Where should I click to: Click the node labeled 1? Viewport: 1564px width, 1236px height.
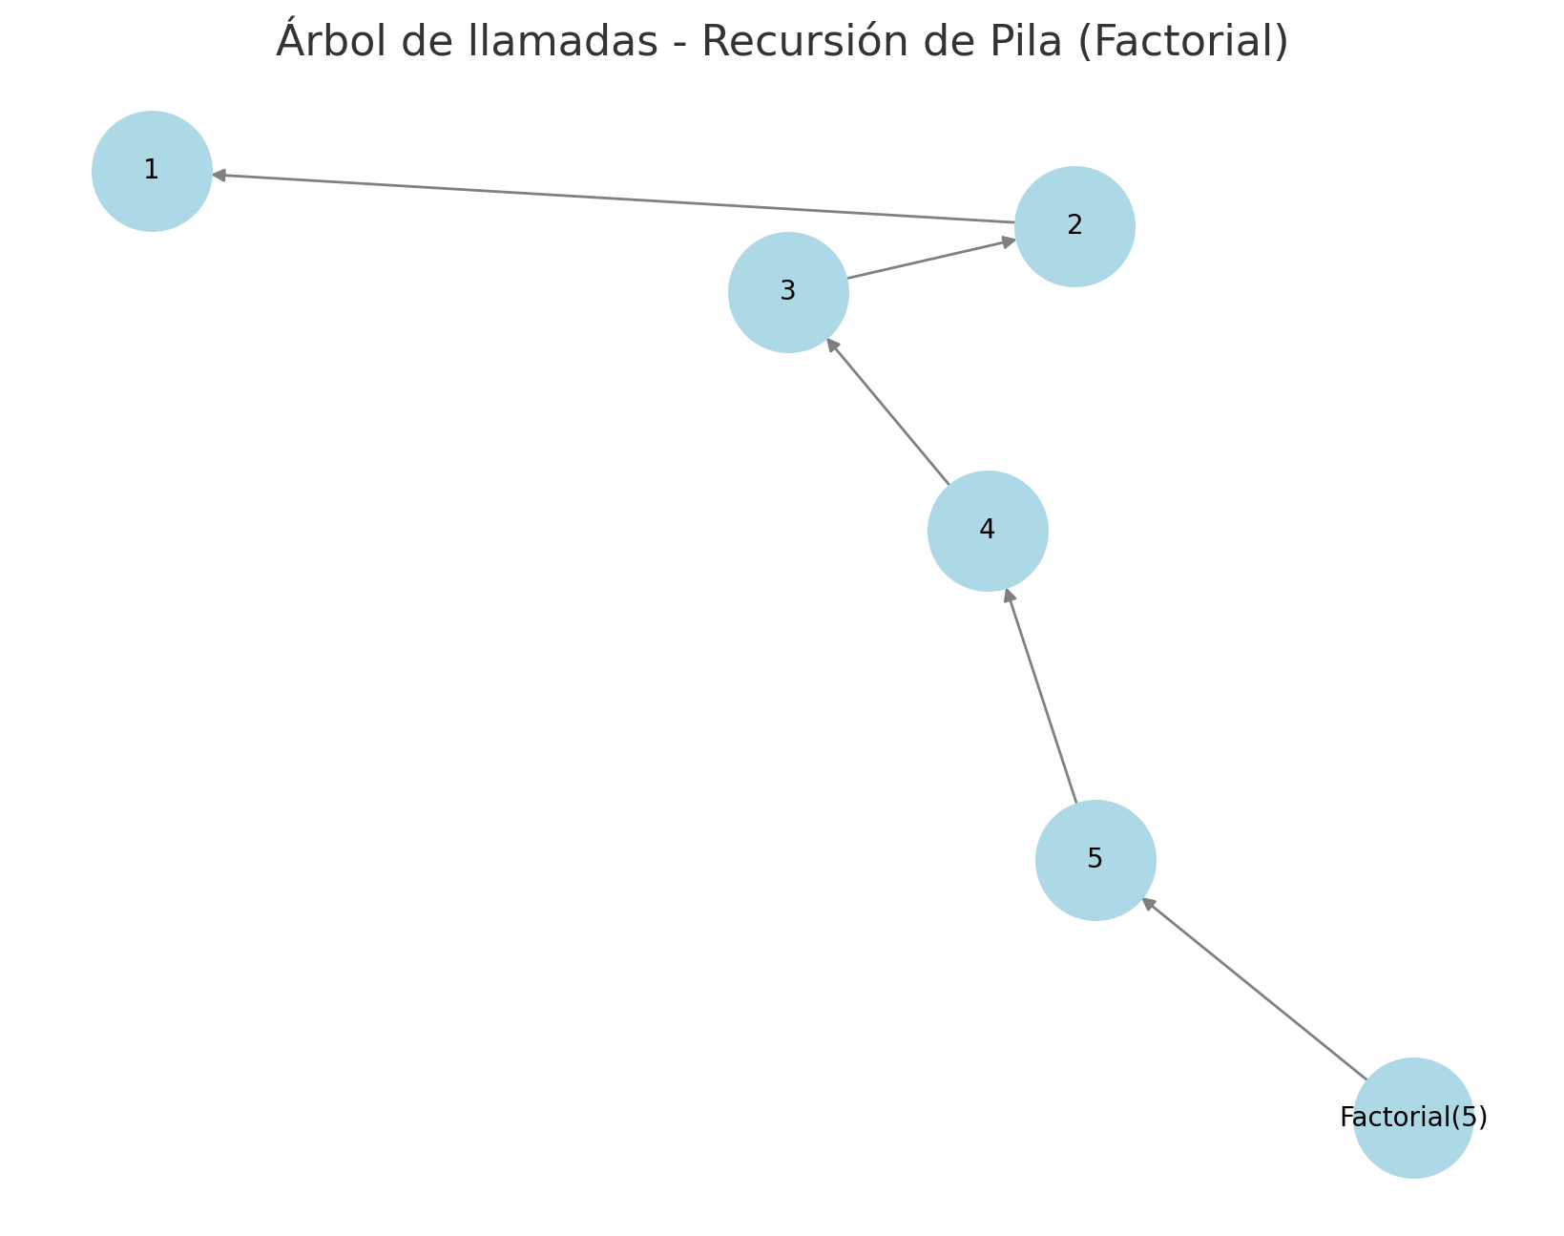(x=152, y=172)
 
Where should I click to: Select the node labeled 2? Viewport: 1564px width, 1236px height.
(x=1074, y=227)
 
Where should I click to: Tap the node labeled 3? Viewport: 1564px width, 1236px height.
(x=788, y=293)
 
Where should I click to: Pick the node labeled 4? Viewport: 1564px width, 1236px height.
(x=988, y=532)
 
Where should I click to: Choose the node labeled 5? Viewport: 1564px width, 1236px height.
(x=1095, y=861)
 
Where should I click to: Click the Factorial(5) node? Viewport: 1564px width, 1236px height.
(x=1413, y=1119)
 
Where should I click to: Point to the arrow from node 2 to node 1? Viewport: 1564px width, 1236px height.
(x=614, y=199)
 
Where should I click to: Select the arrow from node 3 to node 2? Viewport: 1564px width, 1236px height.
(x=931, y=260)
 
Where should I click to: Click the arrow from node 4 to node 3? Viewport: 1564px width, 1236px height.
(x=888, y=412)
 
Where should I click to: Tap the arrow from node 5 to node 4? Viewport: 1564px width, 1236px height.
(x=1041, y=697)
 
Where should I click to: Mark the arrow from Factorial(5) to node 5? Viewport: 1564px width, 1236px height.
(x=1255, y=990)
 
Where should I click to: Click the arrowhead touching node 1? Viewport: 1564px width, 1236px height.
(x=219, y=175)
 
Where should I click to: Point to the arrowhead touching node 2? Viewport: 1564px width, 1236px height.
(x=1009, y=242)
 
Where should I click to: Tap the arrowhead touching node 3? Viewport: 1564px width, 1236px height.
(x=833, y=346)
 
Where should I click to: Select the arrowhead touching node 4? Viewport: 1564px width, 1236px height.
(x=1009, y=597)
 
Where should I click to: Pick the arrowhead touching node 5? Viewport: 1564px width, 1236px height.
(x=1149, y=904)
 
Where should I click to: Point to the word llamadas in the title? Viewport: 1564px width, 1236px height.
(x=562, y=41)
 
